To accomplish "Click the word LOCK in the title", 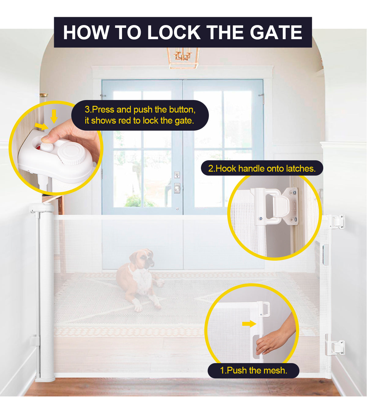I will click(173, 32).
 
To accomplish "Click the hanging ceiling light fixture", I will click(183, 58).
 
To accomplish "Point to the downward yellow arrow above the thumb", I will click(54, 116).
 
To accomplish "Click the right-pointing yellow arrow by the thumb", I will click(41, 126).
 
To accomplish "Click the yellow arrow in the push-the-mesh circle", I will click(249, 324).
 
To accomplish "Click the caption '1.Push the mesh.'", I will click(253, 370).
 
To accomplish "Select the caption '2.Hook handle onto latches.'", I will click(262, 168).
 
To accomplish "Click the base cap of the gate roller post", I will click(45, 379).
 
